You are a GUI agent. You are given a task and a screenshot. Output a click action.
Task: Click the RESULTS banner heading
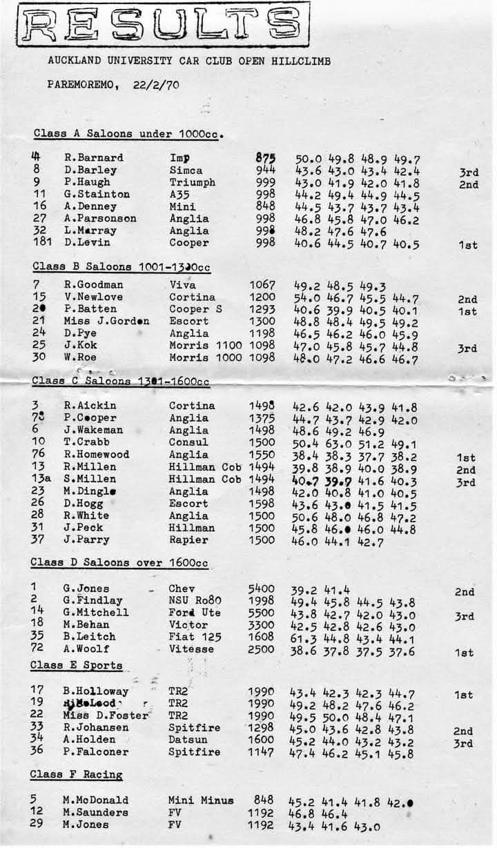click(163, 27)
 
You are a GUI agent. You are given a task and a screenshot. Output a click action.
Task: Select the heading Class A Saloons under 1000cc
click(131, 133)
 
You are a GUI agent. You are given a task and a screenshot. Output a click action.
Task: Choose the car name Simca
click(186, 170)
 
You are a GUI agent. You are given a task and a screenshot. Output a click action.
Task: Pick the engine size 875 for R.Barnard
click(265, 158)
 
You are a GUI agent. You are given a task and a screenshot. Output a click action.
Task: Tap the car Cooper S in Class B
click(196, 309)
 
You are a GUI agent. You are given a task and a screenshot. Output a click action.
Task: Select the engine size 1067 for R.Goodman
click(262, 285)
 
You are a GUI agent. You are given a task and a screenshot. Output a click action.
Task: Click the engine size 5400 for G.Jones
click(262, 589)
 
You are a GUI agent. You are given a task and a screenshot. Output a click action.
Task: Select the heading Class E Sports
click(76, 666)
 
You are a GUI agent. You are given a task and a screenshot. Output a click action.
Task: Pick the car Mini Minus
click(201, 800)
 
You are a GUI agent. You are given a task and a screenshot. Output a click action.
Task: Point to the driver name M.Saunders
click(95, 813)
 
